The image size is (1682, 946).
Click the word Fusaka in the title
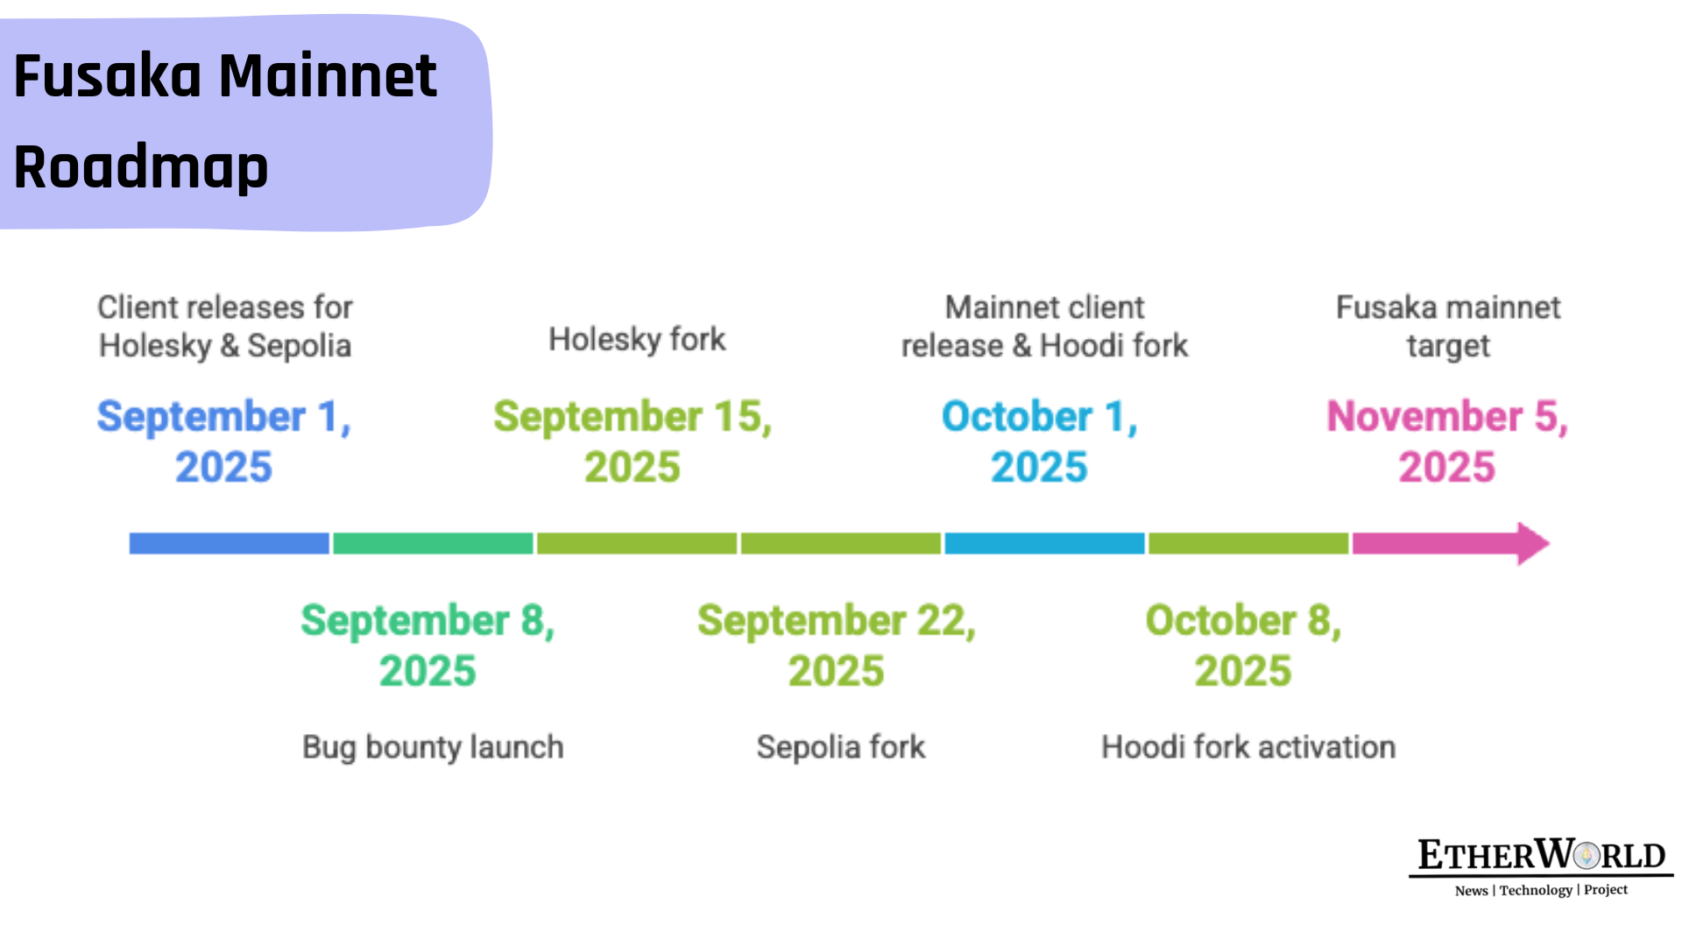click(x=108, y=76)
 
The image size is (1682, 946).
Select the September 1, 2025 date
click(x=224, y=441)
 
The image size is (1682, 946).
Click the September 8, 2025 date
click(x=428, y=646)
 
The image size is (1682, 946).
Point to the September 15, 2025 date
click(x=633, y=441)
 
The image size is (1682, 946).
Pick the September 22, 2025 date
click(x=837, y=646)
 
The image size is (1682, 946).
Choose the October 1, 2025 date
click(x=1040, y=441)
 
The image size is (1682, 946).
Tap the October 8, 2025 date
click(x=1244, y=646)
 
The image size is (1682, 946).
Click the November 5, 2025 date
click(x=1447, y=441)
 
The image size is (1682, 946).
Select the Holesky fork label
click(x=637, y=339)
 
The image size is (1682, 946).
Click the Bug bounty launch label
click(x=433, y=747)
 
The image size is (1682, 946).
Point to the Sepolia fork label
click(x=841, y=747)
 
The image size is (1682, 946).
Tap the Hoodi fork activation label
click(x=1248, y=747)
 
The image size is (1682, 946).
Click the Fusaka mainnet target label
click(x=1448, y=327)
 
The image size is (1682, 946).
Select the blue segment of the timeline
click(x=230, y=544)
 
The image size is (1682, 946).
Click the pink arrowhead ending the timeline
click(x=1533, y=544)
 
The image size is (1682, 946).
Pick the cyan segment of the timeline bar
click(x=1044, y=544)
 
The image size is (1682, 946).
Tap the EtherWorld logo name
click(x=1542, y=855)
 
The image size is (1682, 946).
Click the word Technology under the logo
click(x=1536, y=890)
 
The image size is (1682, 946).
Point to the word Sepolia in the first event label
click(x=299, y=346)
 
